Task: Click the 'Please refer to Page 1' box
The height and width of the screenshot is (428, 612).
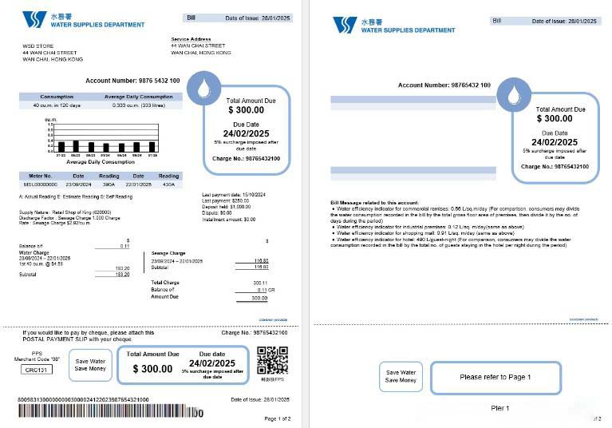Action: point(495,377)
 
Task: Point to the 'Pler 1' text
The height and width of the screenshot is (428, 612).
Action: point(499,408)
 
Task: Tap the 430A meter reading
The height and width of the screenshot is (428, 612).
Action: point(168,184)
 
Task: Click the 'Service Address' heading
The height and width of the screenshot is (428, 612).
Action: point(190,38)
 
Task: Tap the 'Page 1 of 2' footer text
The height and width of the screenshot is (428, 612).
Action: point(278,418)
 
